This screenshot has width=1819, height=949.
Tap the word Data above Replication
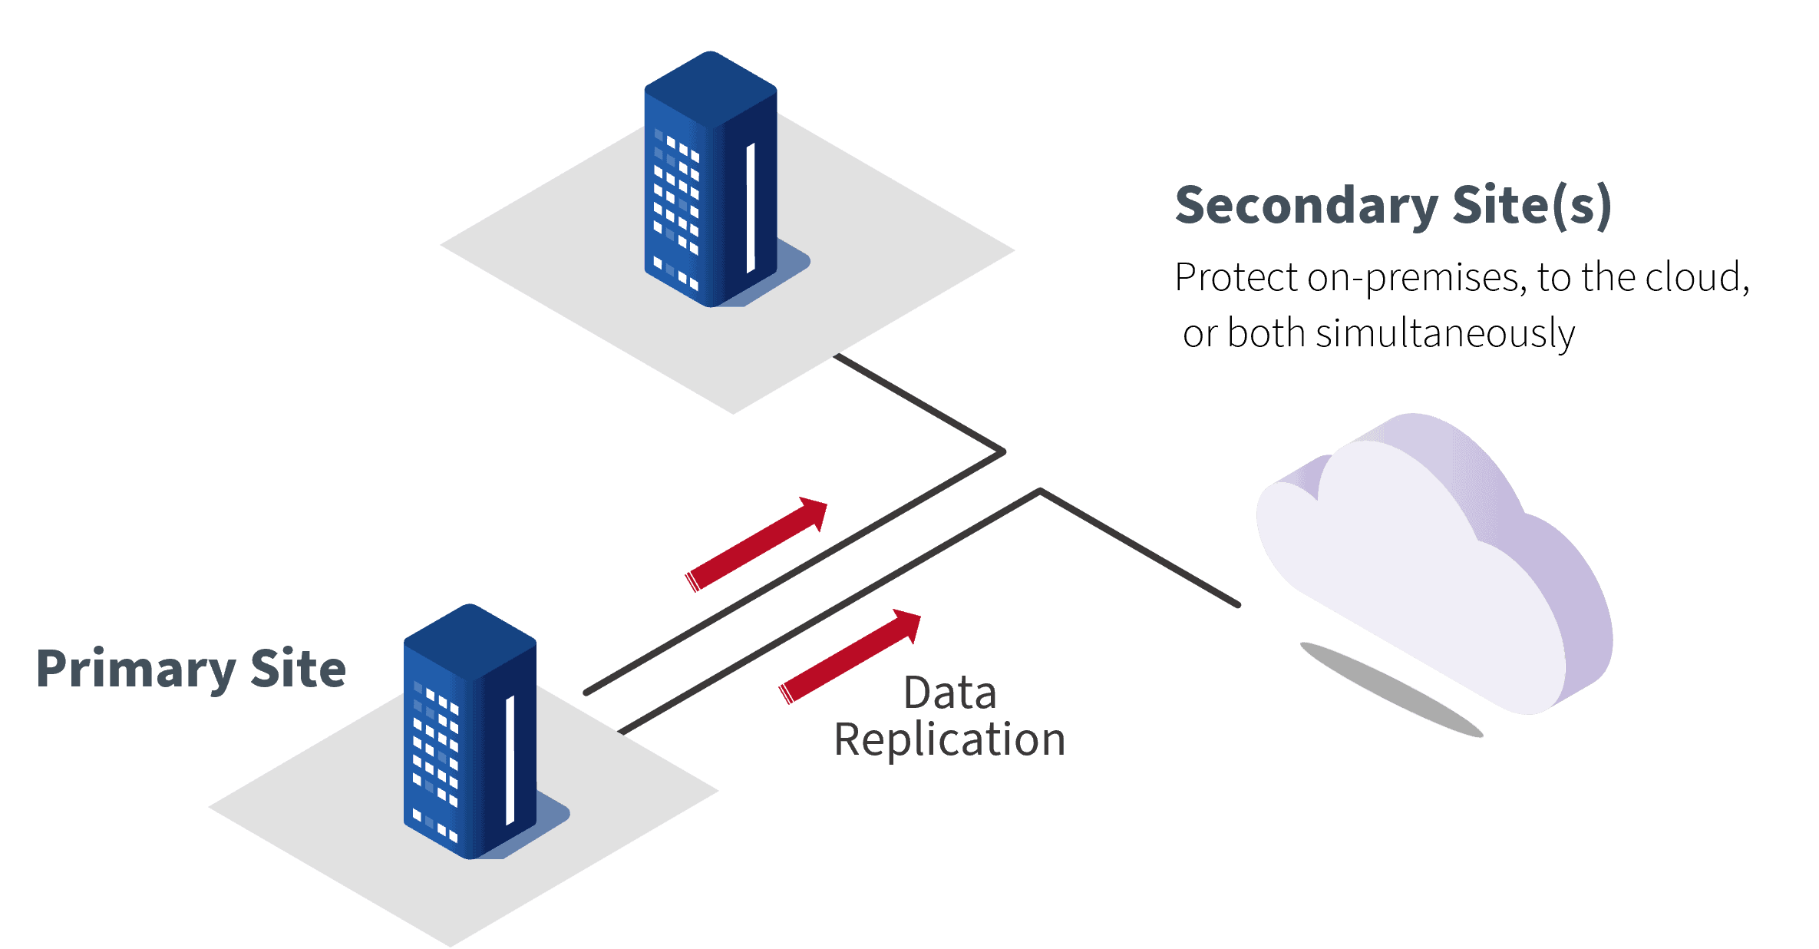point(949,693)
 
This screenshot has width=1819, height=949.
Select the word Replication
point(949,739)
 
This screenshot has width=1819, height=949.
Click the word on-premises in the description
point(1417,277)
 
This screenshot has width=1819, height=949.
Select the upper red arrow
point(756,544)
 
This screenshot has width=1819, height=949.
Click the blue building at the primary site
point(468,737)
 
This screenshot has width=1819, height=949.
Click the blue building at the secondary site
point(709,184)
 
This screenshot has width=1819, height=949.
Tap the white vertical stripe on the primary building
point(510,759)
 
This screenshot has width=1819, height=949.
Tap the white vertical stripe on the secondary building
point(751,207)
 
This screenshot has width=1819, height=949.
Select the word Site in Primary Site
point(299,670)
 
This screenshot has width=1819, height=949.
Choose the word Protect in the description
point(1236,277)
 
